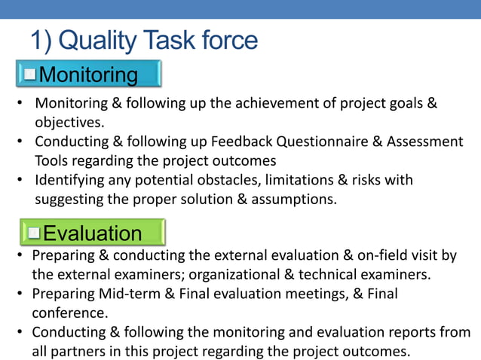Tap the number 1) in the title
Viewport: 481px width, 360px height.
coord(42,41)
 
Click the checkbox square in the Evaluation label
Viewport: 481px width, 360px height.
coord(34,233)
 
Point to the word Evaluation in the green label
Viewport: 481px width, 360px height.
coord(92,233)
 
